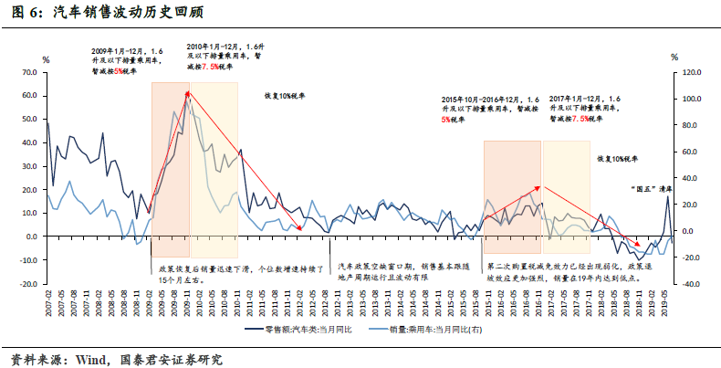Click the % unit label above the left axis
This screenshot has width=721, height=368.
pyautogui.click(x=46, y=58)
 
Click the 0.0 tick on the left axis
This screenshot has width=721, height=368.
pyautogui.click(x=29, y=237)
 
